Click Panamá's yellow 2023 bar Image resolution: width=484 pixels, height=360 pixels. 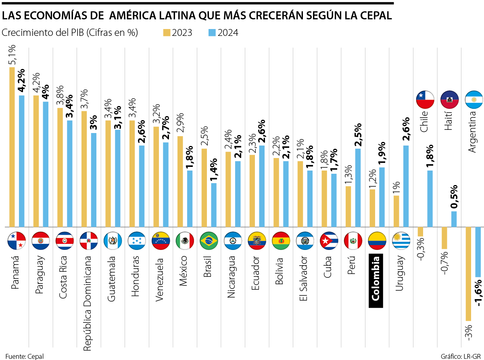(x=12, y=147)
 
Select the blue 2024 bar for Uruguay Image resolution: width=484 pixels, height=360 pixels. (x=406, y=186)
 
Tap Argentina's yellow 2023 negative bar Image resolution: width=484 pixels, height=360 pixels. (x=468, y=274)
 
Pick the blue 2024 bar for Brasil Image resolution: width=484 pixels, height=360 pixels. (x=214, y=205)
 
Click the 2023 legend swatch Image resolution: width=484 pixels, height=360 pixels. (x=167, y=33)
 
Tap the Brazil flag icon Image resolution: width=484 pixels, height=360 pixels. (x=209, y=241)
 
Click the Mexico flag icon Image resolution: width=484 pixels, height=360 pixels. (x=185, y=241)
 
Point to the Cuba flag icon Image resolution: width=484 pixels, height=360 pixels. (x=329, y=241)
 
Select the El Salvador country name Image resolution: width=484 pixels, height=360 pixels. (x=304, y=274)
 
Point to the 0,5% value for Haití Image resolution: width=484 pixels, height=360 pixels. (x=454, y=197)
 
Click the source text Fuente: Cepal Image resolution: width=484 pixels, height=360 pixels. (x=24, y=356)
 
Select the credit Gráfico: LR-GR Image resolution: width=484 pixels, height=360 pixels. (x=460, y=356)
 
